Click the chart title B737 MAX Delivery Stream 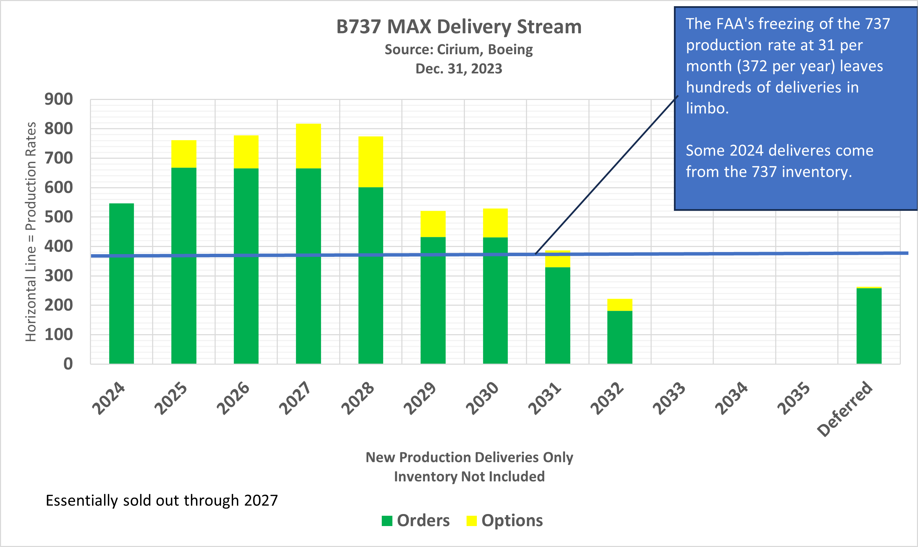tap(458, 27)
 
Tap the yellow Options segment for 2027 tap(308, 146)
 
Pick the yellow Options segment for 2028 tap(370, 162)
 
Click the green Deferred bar tap(869, 326)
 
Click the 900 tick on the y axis tap(59, 100)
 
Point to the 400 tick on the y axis tap(59, 247)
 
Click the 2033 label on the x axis tap(669, 398)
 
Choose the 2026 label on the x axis tap(233, 398)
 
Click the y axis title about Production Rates tap(31, 232)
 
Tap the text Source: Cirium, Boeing tap(458, 49)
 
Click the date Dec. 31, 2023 tap(458, 69)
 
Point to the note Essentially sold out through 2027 tap(161, 501)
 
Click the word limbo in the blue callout tap(707, 109)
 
